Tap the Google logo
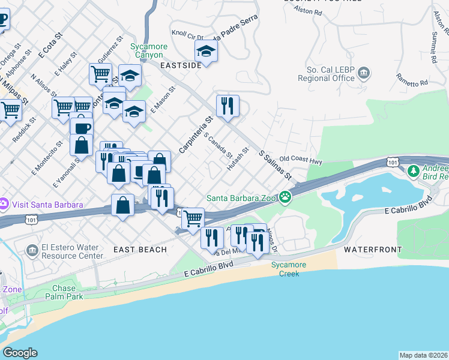pyautogui.click(x=19, y=353)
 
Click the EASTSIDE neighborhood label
pyautogui.click(x=181, y=65)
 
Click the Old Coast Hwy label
pyautogui.click(x=301, y=161)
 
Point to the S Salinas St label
pyautogui.click(x=275, y=164)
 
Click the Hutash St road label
pyautogui.click(x=238, y=158)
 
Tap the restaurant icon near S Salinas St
pyautogui.click(x=228, y=106)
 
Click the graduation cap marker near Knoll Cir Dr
pyautogui.click(x=206, y=52)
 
